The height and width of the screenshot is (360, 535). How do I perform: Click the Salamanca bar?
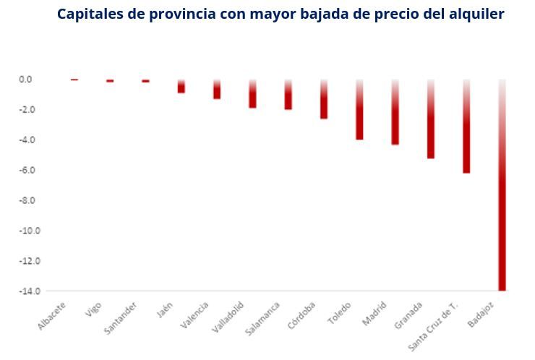coord(288,95)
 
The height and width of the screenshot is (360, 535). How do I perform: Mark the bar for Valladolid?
coord(252,95)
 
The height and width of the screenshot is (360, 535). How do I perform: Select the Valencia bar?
coord(217,90)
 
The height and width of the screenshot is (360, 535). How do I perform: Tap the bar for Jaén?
coord(181,87)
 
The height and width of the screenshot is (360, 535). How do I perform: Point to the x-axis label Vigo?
coord(93,310)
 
